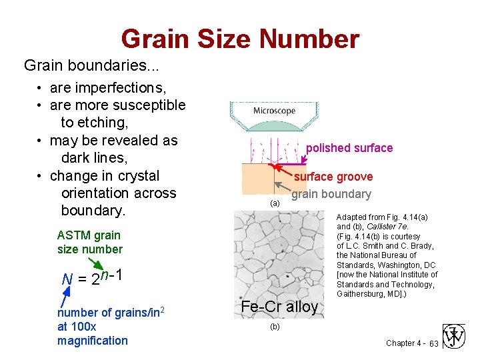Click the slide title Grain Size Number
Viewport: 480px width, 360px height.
[240, 39]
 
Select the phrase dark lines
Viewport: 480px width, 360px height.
[98, 158]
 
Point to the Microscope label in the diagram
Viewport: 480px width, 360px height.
[274, 111]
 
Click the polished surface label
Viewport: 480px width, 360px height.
[349, 148]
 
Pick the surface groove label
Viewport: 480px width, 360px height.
[333, 177]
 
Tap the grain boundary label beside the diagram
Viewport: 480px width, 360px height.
[331, 194]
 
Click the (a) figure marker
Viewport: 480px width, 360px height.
[275, 203]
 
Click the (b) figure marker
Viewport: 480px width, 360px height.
[275, 327]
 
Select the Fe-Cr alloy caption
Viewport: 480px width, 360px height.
[279, 307]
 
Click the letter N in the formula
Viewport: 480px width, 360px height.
[67, 279]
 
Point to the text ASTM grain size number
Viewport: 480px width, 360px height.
[90, 242]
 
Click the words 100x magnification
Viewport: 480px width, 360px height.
[93, 334]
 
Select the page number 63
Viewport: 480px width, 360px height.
[433, 343]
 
